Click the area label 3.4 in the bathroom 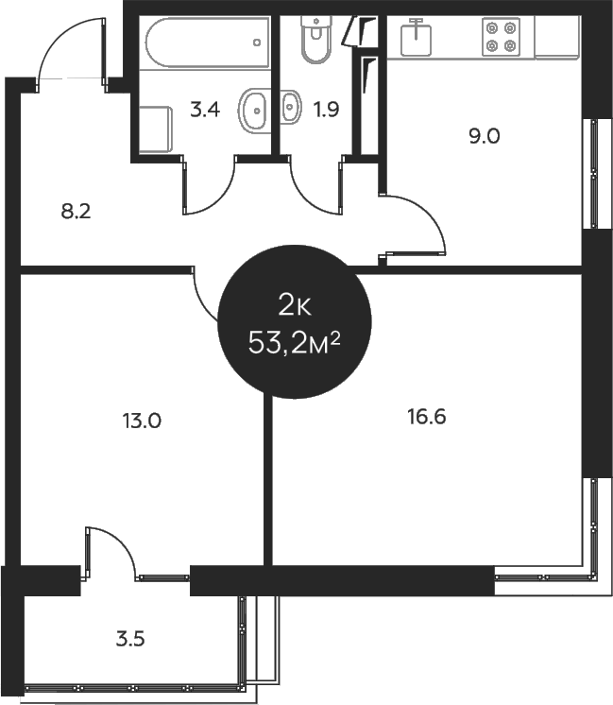[x=205, y=110]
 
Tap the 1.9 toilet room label [x=326, y=110]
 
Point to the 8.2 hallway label [x=75, y=212]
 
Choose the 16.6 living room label [x=426, y=417]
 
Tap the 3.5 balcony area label [x=130, y=639]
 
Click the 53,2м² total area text [x=294, y=342]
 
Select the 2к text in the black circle [x=294, y=305]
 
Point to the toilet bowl [x=313, y=39]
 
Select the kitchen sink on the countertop [x=416, y=38]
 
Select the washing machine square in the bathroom [x=154, y=128]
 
